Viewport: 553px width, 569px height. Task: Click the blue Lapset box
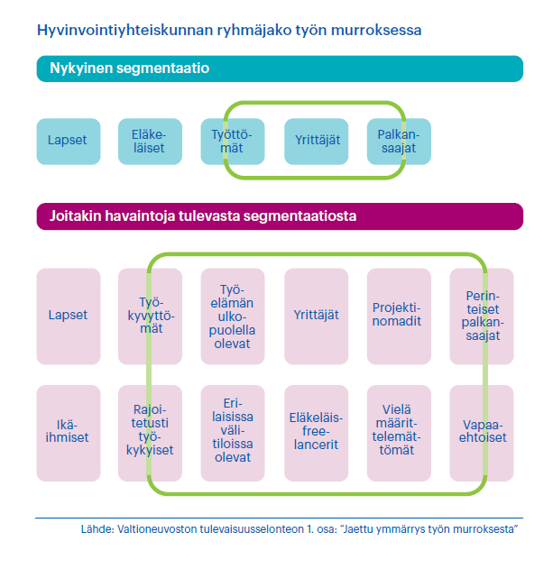[69, 142]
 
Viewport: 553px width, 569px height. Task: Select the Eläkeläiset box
[150, 142]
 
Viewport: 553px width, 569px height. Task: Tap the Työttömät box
[233, 142]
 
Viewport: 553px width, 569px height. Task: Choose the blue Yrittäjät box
[316, 142]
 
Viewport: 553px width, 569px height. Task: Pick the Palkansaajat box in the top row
[399, 142]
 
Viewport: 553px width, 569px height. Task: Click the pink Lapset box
[69, 317]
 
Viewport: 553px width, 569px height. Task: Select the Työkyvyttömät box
[150, 317]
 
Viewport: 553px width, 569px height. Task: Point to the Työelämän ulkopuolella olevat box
[233, 317]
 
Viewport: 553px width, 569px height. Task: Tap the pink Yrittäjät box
[316, 317]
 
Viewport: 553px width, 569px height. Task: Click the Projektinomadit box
[399, 317]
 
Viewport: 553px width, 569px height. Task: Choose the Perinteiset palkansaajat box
[482, 317]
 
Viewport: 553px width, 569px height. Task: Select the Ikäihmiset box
[69, 433]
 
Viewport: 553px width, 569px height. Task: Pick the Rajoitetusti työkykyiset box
[150, 433]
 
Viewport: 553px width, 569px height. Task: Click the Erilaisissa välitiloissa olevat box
[233, 433]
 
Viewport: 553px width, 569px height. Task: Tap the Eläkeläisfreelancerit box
[316, 433]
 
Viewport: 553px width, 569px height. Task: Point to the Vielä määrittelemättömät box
[399, 433]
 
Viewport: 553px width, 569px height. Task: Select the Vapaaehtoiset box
[482, 433]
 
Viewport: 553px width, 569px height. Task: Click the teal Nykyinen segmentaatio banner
[280, 69]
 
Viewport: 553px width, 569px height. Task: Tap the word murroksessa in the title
[376, 30]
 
